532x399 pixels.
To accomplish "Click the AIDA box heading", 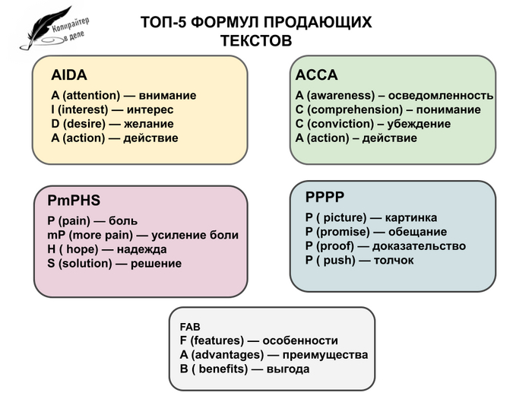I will pyautogui.click(x=69, y=75).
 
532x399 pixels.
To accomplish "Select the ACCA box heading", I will pyautogui.click(x=316, y=75).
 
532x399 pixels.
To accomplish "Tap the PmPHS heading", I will pyautogui.click(x=74, y=201).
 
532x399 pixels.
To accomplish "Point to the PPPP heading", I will pyautogui.click(x=325, y=198).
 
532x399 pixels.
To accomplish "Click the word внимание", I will pyautogui.click(x=168, y=96).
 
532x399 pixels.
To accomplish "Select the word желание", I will pyautogui.click(x=149, y=124).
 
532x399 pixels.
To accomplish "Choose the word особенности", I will pyautogui.click(x=298, y=340).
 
